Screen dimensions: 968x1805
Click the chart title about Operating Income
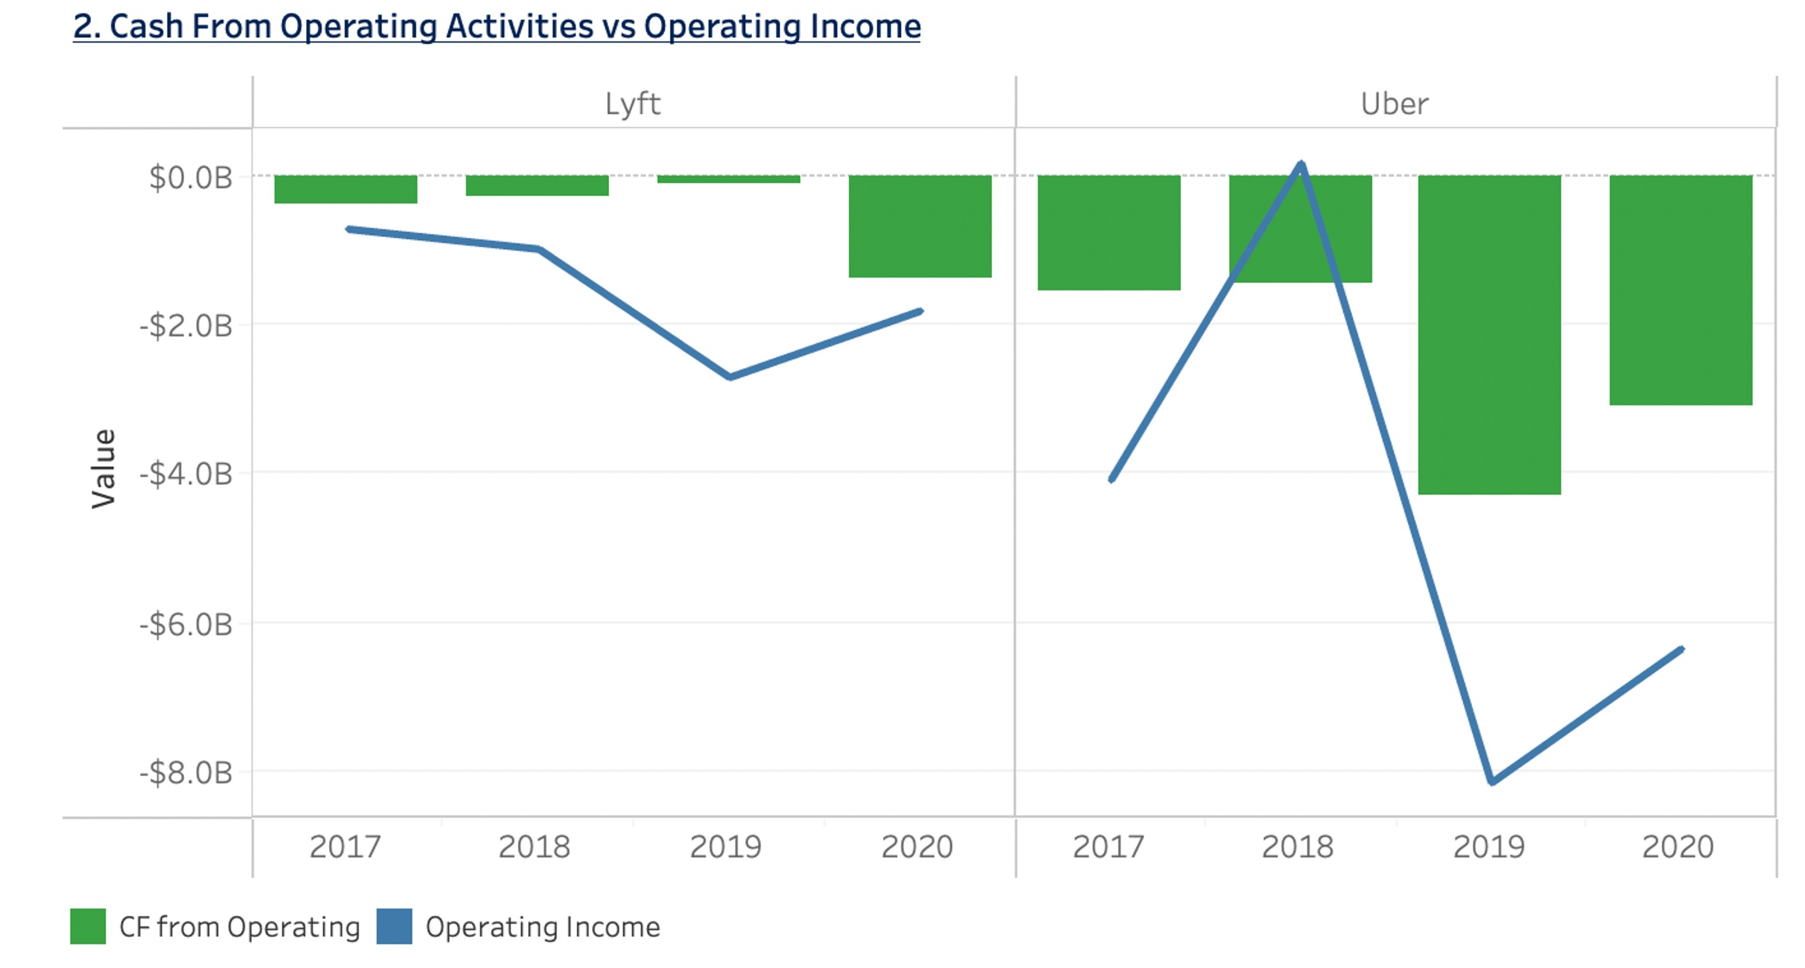point(496,27)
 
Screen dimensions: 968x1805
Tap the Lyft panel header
point(633,103)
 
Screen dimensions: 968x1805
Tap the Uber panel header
point(1395,103)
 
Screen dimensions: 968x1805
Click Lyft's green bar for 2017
point(345,189)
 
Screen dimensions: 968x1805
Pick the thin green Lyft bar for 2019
point(728,179)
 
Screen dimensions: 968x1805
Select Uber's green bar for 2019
point(1489,335)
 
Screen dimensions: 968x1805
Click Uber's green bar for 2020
point(1681,289)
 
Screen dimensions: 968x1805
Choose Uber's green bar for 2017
point(1109,232)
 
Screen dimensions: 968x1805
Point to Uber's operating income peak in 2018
point(1301,165)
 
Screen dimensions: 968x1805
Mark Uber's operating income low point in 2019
point(1492,782)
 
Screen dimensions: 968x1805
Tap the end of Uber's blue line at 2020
point(1681,650)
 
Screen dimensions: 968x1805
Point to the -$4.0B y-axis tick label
point(186,474)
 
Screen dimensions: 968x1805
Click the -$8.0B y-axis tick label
point(186,773)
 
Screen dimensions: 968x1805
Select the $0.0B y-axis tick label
point(190,178)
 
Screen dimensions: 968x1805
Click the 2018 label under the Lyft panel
point(534,847)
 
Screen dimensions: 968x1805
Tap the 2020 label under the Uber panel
point(1677,847)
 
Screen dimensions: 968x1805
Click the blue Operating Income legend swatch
point(394,926)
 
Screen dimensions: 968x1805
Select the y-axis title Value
point(103,468)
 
